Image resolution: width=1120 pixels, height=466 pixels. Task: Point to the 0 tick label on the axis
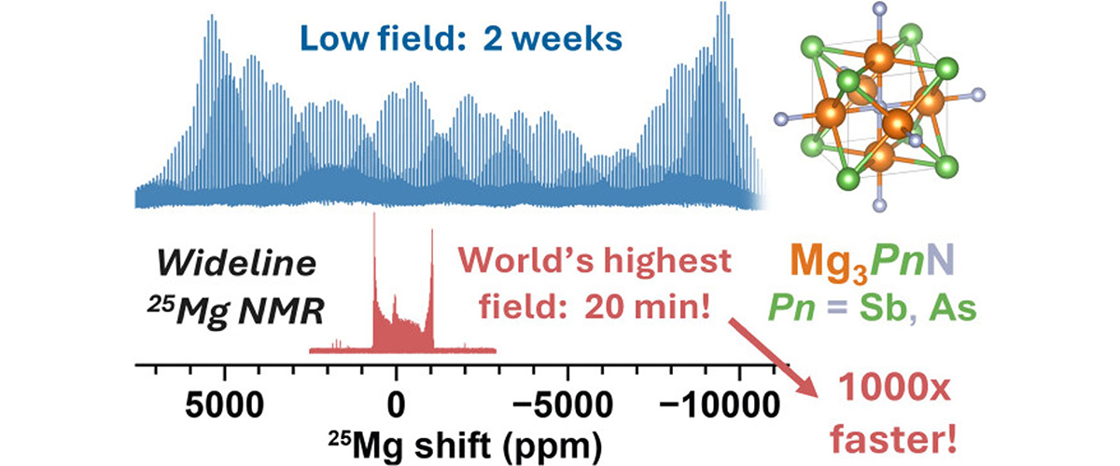[396, 406]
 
